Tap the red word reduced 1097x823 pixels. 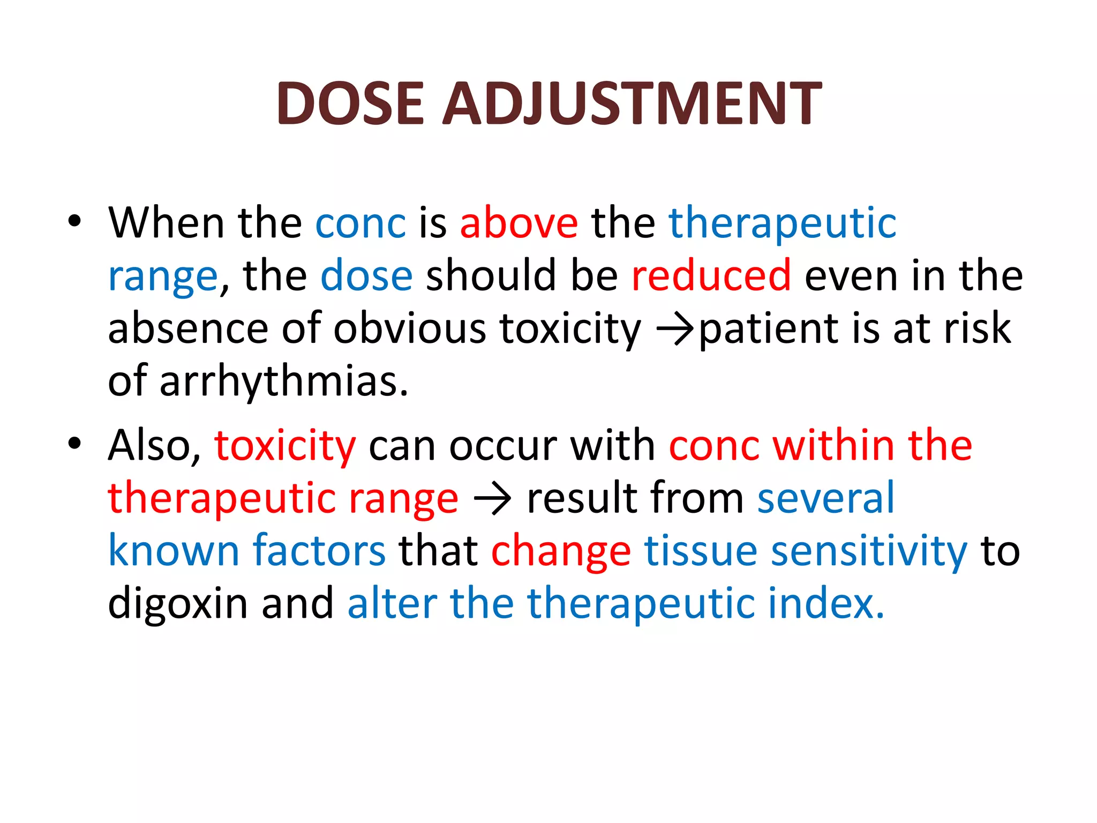(x=711, y=275)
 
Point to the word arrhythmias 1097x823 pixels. (x=284, y=381)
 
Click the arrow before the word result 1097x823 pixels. (x=492, y=499)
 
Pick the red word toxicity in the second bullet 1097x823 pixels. (x=285, y=446)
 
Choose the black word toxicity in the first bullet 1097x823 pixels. (x=570, y=328)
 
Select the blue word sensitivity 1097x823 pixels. (x=868, y=551)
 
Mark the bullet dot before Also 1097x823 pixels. (x=74, y=443)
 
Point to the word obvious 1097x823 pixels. (x=410, y=328)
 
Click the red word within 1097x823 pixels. (x=833, y=446)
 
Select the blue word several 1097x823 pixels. (x=825, y=498)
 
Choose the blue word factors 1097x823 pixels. (x=319, y=551)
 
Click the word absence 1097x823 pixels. (x=188, y=328)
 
